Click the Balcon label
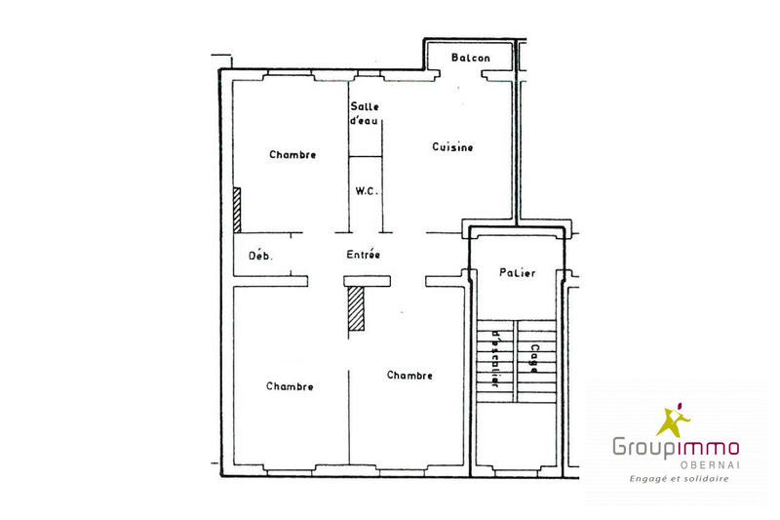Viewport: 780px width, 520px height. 471,59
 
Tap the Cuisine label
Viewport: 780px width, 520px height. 452,147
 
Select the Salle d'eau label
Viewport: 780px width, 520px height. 366,113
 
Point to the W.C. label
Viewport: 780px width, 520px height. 367,191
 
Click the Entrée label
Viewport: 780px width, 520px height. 363,255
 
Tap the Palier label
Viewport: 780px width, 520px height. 516,273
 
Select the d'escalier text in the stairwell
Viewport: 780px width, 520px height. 496,359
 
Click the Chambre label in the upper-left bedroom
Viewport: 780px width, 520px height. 292,154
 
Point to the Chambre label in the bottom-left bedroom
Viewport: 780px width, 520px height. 290,386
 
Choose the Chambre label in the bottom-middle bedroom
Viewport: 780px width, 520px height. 409,375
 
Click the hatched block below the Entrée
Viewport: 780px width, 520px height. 356,309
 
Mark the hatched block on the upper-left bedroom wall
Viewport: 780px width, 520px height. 236,210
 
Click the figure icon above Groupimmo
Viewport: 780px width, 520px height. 672,420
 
